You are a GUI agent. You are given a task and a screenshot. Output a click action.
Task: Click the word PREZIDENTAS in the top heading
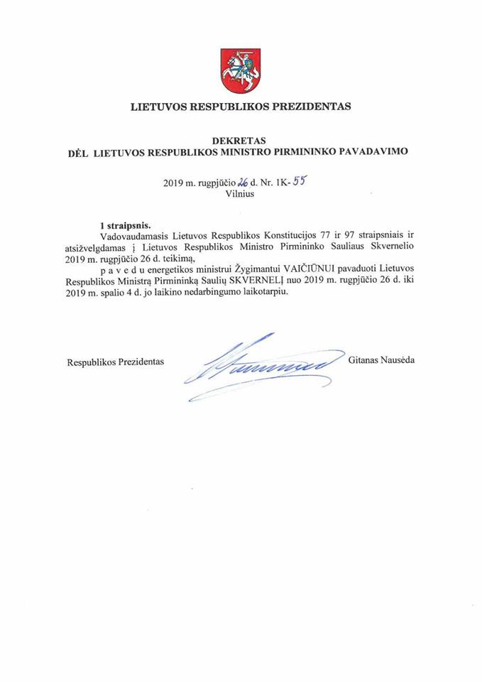[x=314, y=107]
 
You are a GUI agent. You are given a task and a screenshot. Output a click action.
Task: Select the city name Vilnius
[x=241, y=194]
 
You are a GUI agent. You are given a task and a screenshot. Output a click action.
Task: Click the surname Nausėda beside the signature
[x=398, y=361]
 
